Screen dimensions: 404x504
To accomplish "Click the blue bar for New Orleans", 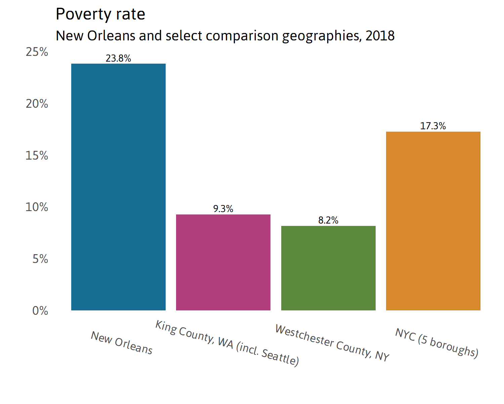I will click(118, 187).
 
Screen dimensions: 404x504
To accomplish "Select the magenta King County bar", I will click(223, 262).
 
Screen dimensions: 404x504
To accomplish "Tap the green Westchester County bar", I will click(328, 268).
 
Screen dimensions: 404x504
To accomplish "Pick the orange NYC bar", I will click(433, 221).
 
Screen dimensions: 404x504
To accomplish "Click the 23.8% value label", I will click(118, 59).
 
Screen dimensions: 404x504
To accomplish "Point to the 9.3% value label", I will click(223, 209).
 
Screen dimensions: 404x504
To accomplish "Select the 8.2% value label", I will click(328, 221).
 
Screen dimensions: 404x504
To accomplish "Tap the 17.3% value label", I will click(433, 126).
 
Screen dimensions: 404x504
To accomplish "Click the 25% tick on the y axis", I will click(37, 52).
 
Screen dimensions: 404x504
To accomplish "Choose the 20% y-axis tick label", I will click(37, 104).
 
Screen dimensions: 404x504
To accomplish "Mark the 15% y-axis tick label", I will click(37, 156).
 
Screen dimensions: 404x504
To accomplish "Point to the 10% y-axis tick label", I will click(37, 207).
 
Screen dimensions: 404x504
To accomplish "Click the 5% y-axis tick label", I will click(40, 259).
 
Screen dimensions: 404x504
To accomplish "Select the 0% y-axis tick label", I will click(40, 311).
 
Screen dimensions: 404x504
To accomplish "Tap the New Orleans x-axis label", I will click(122, 343).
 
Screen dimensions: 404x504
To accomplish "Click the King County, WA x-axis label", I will click(227, 343).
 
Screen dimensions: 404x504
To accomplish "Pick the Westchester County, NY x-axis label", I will click(332, 343).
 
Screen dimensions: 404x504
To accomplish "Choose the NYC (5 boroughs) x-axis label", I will click(437, 343).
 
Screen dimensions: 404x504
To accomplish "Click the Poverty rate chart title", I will click(100, 14).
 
